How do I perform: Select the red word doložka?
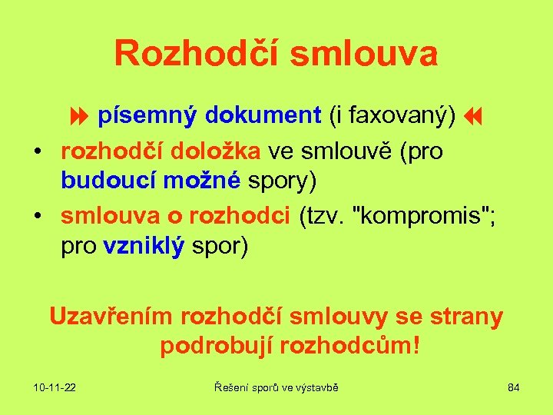pyautogui.click(x=224, y=151)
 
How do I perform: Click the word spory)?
pyautogui.click(x=282, y=181)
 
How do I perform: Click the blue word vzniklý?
pyautogui.click(x=144, y=248)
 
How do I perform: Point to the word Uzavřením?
pyautogui.click(x=111, y=316)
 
